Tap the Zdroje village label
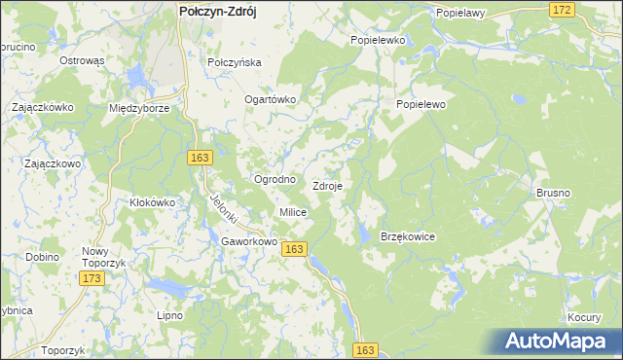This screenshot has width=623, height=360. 326,186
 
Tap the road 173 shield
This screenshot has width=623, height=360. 92,279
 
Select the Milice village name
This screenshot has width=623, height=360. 293,212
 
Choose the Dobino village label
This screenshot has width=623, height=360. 43,257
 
